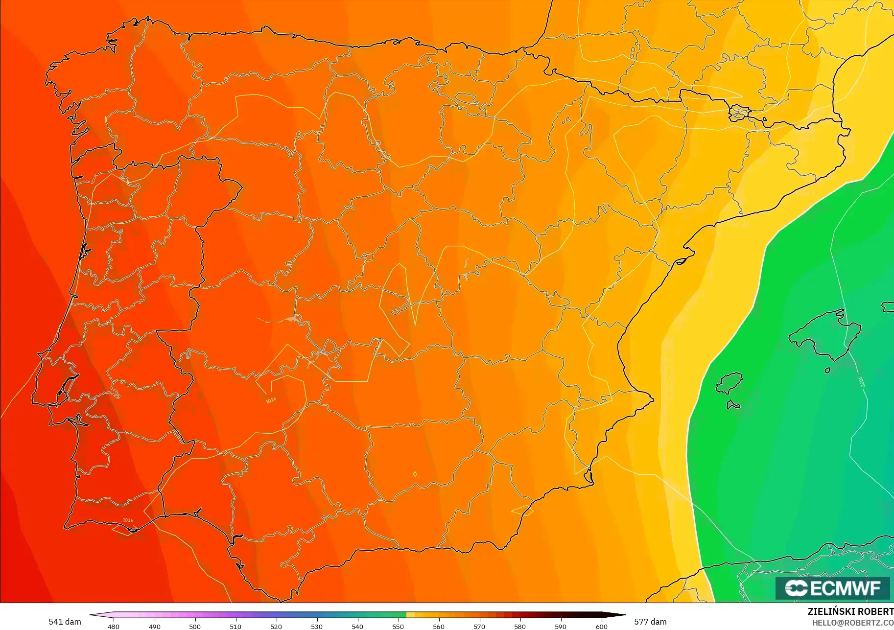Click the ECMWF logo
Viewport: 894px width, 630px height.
click(832, 588)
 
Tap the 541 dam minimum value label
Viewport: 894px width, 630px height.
click(65, 622)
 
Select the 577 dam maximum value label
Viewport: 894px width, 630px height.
click(650, 622)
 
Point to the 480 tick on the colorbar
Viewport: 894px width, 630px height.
click(114, 626)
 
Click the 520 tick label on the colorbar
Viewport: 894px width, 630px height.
click(276, 626)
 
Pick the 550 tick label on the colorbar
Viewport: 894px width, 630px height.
click(398, 626)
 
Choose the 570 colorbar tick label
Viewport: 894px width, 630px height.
click(479, 626)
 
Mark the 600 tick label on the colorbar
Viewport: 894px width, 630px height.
click(601, 626)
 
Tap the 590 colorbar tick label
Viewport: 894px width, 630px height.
click(561, 626)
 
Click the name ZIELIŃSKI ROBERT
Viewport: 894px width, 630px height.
click(850, 611)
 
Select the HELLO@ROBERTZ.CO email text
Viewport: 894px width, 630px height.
click(852, 623)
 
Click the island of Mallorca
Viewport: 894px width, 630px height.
click(827, 335)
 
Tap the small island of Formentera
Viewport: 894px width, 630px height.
click(732, 404)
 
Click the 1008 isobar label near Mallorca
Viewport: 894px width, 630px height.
click(861, 381)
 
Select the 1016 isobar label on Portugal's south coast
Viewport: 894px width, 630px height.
click(128, 520)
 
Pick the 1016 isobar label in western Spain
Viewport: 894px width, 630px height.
click(271, 400)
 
